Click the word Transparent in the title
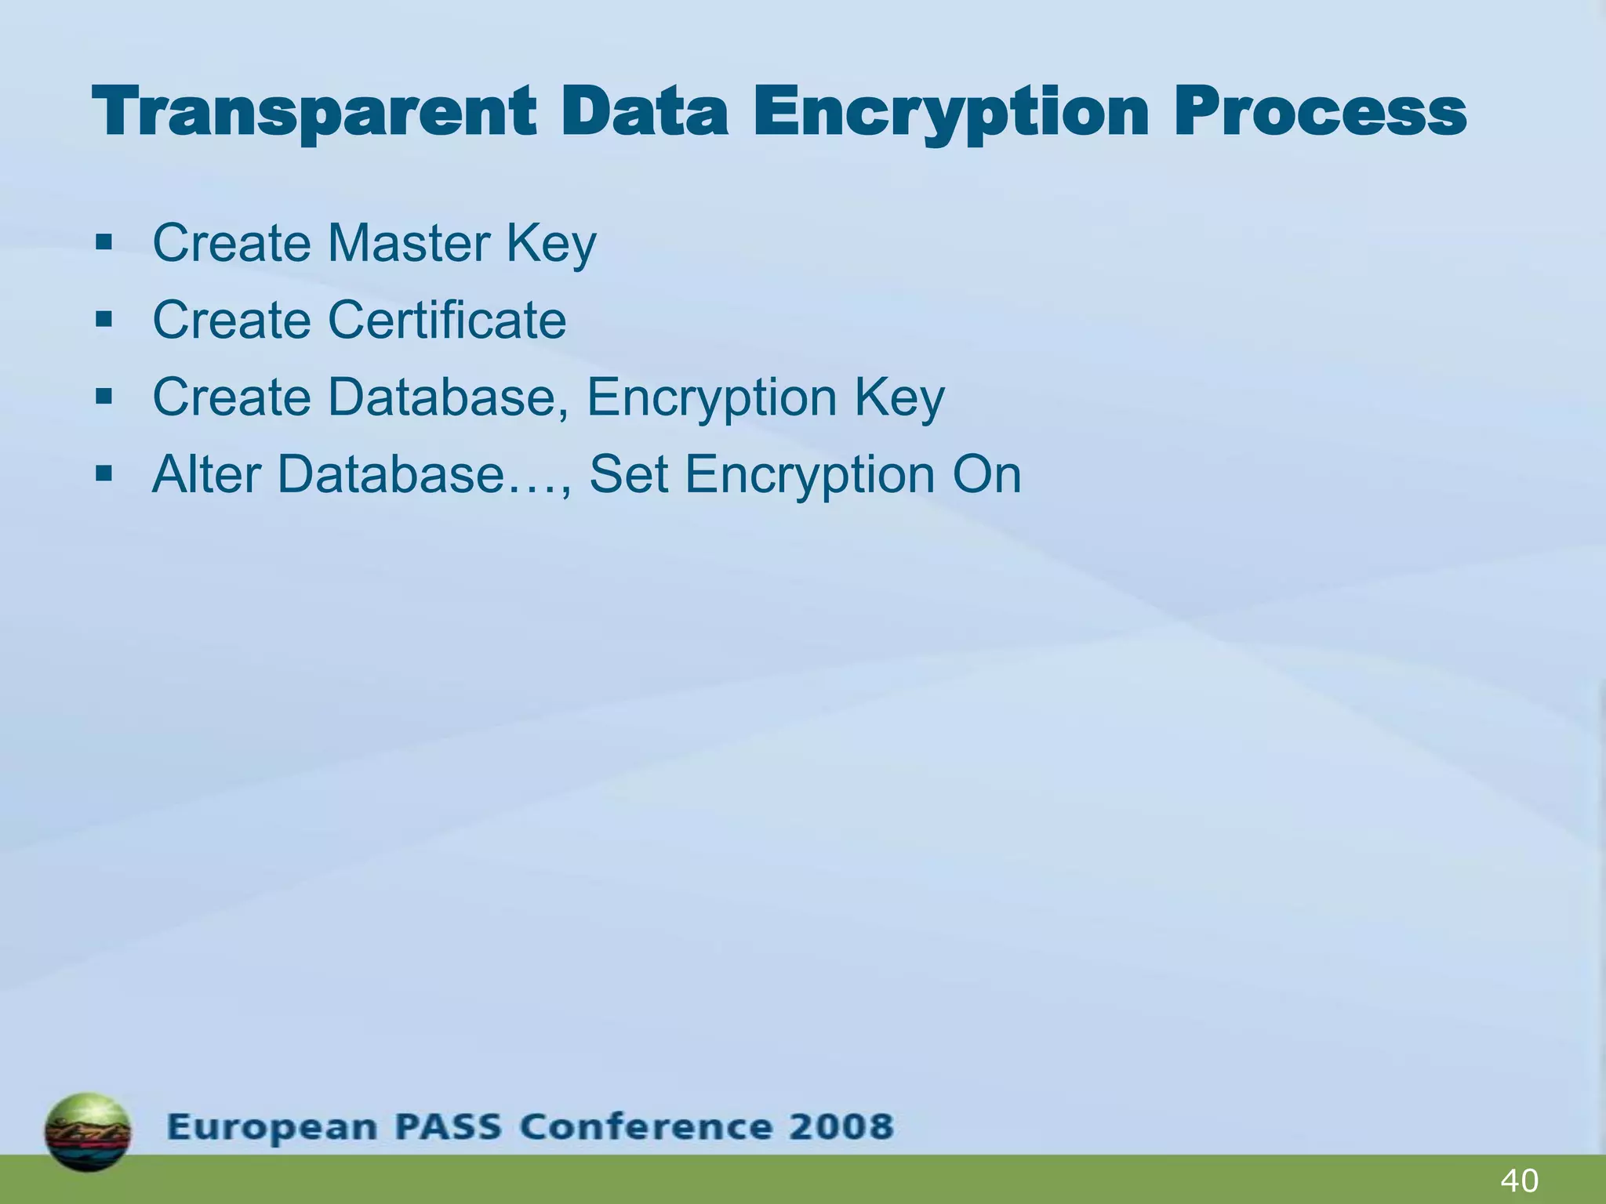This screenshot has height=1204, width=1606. click(314, 112)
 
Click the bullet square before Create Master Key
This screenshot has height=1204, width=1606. click(104, 243)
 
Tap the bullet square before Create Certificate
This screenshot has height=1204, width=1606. click(104, 320)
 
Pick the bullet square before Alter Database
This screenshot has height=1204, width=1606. click(104, 474)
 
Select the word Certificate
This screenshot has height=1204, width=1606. click(447, 320)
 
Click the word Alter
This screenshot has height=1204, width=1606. click(206, 474)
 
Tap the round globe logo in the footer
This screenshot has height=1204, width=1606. click(88, 1132)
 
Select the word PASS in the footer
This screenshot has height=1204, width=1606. click(448, 1127)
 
